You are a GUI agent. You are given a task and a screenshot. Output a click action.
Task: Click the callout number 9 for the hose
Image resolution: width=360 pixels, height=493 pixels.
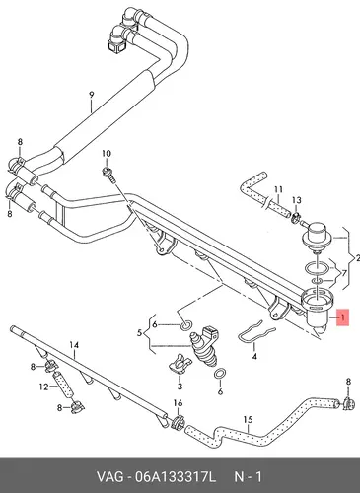coord(92,95)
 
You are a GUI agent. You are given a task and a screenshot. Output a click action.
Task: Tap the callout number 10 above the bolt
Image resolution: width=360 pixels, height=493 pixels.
coord(107,154)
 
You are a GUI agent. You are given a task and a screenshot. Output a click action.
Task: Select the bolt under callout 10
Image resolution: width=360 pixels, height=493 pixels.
coord(109,175)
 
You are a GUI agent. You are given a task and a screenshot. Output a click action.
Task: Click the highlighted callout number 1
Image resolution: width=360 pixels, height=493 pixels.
coord(343,317)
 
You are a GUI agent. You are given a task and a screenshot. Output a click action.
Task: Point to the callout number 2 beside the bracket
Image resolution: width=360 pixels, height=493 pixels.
coord(357,258)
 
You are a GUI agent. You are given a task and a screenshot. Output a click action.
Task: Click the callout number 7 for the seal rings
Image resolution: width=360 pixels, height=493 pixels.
coord(344,273)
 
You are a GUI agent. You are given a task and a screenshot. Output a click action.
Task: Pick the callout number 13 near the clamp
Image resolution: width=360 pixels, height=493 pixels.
coord(297,200)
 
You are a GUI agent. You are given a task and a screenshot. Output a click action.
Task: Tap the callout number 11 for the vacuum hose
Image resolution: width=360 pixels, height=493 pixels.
coord(278,189)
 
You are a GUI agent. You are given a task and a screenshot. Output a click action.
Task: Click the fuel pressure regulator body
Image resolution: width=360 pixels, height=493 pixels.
coord(315,236)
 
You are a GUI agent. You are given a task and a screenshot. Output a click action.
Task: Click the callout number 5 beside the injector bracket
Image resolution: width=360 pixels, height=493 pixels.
coord(140,333)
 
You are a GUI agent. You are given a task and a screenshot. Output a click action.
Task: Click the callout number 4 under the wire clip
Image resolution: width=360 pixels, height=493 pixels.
coord(254,356)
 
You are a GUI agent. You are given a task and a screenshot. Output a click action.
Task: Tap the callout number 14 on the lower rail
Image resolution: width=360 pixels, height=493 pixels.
coord(74,345)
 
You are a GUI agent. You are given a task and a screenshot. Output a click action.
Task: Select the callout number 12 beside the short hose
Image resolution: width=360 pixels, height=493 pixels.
coord(43,387)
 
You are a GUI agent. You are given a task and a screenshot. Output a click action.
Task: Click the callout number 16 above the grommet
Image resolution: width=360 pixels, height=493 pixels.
coord(178,403)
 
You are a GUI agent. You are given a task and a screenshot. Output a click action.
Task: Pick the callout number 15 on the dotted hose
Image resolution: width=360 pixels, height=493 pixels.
coord(249,420)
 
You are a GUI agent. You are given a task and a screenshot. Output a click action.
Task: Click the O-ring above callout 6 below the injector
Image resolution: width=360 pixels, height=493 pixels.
coord(220,374)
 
